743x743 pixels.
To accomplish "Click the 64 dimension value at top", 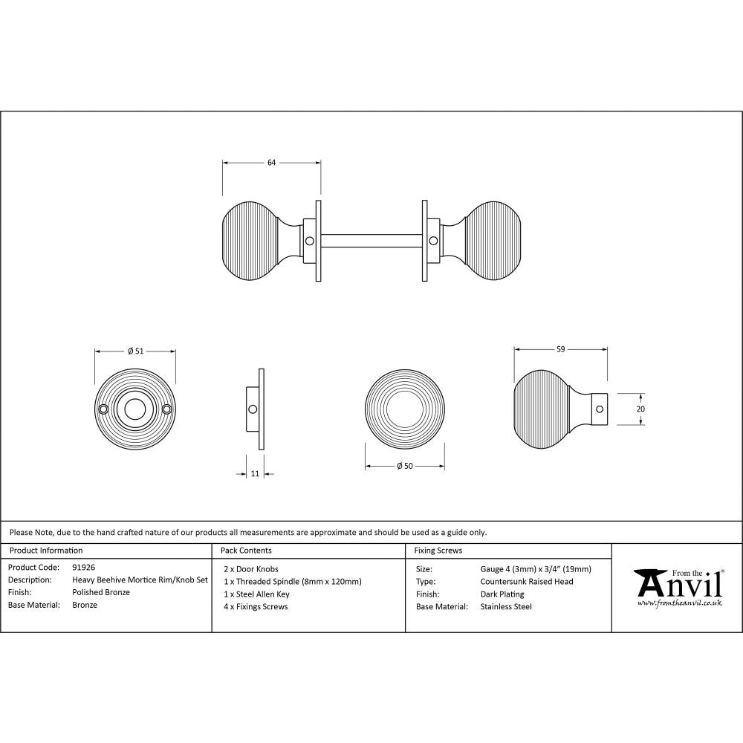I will (x=271, y=163).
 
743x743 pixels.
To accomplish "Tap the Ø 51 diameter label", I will (x=134, y=351).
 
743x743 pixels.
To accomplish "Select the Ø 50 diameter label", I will (x=404, y=466).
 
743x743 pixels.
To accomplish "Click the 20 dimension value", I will (x=640, y=409).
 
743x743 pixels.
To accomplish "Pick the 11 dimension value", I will (x=255, y=473).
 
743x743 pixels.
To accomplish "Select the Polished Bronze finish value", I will (x=101, y=593).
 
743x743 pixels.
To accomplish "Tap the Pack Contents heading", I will (x=246, y=551).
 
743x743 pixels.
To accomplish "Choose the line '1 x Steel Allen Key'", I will (x=256, y=594).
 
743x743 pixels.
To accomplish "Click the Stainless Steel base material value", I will (x=506, y=606).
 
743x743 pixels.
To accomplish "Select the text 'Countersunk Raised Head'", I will (x=527, y=582).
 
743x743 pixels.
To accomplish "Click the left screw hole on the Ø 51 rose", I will (x=105, y=409).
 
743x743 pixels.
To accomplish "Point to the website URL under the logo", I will (x=680, y=604).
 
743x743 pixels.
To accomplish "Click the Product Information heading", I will (x=45, y=551).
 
